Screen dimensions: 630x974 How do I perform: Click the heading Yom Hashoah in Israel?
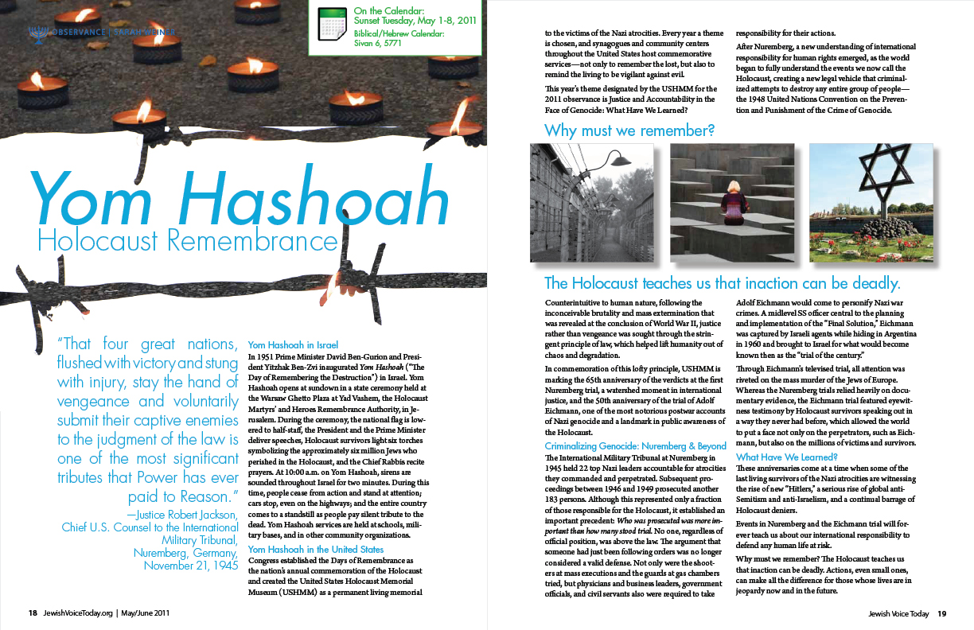click(x=294, y=345)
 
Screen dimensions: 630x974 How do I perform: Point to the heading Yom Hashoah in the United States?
click(x=316, y=550)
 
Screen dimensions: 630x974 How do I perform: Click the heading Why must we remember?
click(x=629, y=129)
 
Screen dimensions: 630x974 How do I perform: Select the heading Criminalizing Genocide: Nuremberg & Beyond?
click(x=635, y=446)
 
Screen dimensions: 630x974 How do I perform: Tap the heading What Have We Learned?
click(x=787, y=457)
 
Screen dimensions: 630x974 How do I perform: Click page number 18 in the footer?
click(x=33, y=613)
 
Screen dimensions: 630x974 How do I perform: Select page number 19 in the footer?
click(x=941, y=613)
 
